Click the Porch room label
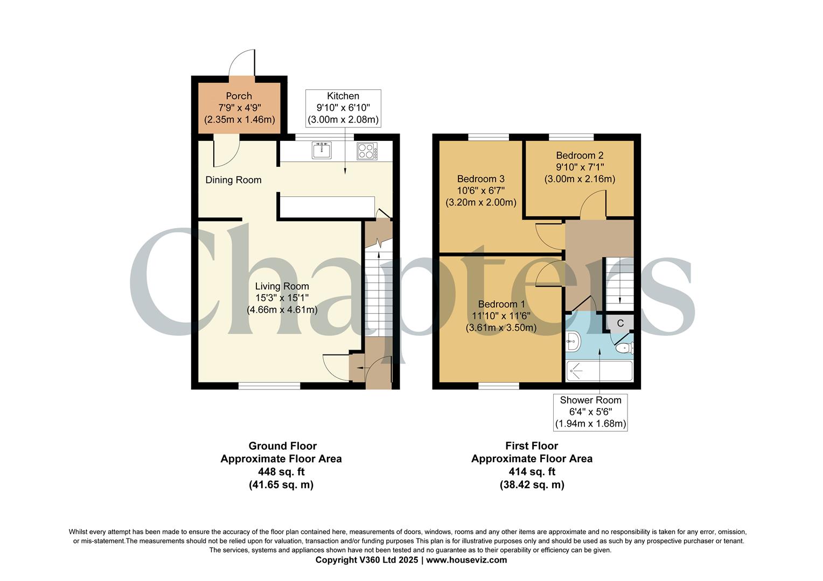pos(239,96)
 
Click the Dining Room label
pos(233,180)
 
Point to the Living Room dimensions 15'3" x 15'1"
pos(282,298)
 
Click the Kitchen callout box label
pos(343,96)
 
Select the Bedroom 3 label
pos(480,179)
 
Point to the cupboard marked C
pos(620,323)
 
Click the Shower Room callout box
pos(590,412)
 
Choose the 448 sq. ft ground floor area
pos(281,472)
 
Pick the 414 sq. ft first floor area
pos(532,472)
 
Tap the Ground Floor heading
pos(282,446)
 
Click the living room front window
pos(269,386)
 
